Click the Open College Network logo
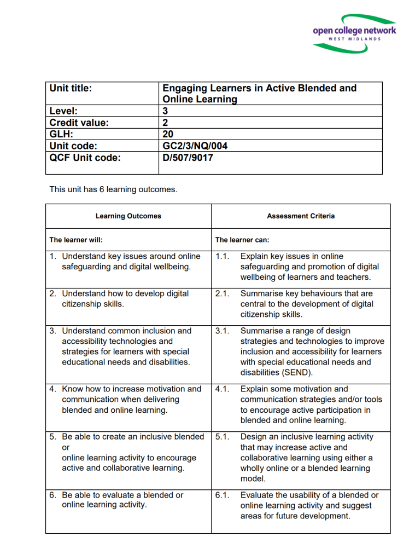click(354, 33)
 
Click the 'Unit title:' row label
click(71, 88)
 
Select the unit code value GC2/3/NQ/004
click(195, 146)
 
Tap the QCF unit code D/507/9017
click(188, 158)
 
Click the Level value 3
click(166, 111)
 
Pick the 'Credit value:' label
click(79, 123)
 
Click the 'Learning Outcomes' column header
click(128, 216)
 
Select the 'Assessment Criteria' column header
click(301, 216)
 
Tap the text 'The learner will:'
click(76, 240)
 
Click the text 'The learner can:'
click(242, 240)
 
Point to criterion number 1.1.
click(222, 256)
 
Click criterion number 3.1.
click(222, 331)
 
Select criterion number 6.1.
click(222, 495)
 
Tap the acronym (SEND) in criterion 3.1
click(299, 372)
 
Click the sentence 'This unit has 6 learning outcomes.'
click(113, 189)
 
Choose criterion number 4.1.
click(222, 389)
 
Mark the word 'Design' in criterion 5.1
click(253, 437)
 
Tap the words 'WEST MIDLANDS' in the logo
click(355, 39)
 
